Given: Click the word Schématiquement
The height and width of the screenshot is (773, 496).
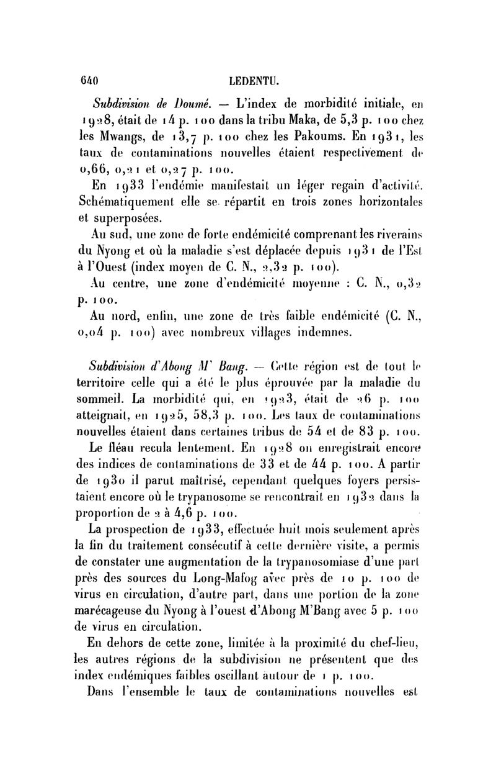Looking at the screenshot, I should pyautogui.click(x=141, y=202).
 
